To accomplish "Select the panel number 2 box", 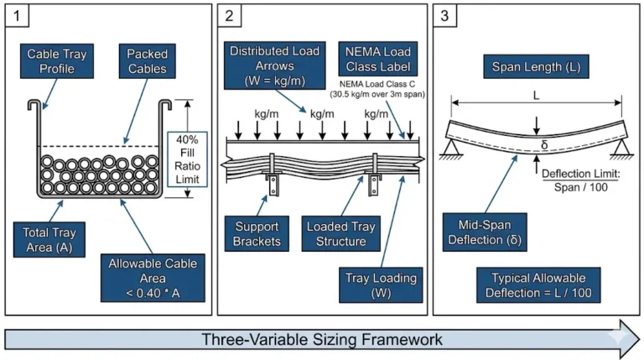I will [x=231, y=17].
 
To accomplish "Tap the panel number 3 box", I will [x=445, y=17].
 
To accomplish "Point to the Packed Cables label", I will [x=148, y=61].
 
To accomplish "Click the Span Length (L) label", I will [x=537, y=65].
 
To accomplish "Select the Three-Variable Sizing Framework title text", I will [x=321, y=340].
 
